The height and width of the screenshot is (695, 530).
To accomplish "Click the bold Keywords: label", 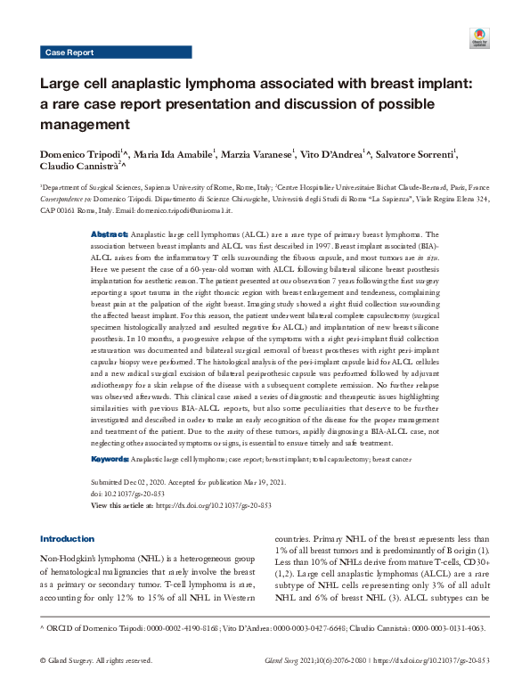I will point(111,459).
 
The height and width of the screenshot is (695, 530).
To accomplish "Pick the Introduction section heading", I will point(68,539).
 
